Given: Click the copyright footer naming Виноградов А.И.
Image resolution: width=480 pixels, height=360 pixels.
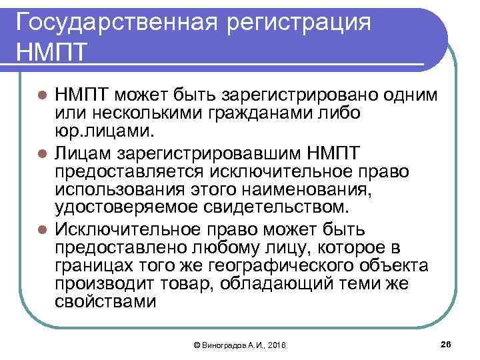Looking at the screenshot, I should pyautogui.click(x=239, y=345).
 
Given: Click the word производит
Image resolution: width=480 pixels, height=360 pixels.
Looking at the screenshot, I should pyautogui.click(x=107, y=284).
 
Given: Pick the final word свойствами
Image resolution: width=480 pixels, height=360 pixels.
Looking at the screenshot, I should pyautogui.click(x=106, y=302).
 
